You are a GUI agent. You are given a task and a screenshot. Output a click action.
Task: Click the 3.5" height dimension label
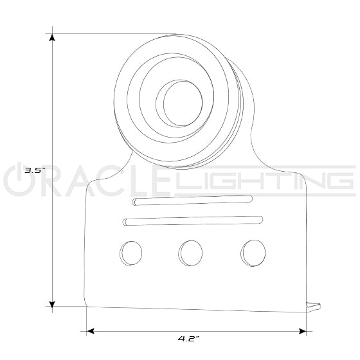(x=33, y=171)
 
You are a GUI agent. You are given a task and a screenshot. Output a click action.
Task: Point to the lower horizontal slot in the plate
(x=193, y=221)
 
